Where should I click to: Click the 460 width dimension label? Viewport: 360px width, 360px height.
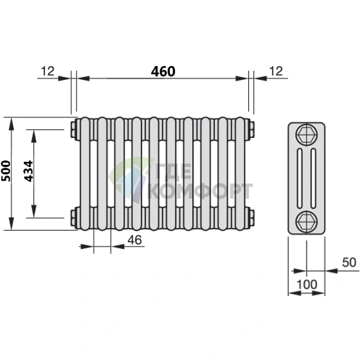[x=163, y=71]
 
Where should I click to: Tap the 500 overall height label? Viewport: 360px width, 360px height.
[x=7, y=171]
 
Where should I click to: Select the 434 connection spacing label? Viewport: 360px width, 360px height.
[x=28, y=171]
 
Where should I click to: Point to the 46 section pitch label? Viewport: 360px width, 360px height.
[x=135, y=240]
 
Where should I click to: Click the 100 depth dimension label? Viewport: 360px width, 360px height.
[x=306, y=285]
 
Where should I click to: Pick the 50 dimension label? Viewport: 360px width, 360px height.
[x=349, y=262]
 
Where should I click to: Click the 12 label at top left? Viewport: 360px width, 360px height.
[x=48, y=71]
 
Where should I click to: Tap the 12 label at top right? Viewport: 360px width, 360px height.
[x=276, y=71]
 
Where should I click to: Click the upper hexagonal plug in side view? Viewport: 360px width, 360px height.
[x=306, y=135]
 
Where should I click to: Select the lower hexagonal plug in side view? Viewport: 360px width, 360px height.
[x=306, y=221]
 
